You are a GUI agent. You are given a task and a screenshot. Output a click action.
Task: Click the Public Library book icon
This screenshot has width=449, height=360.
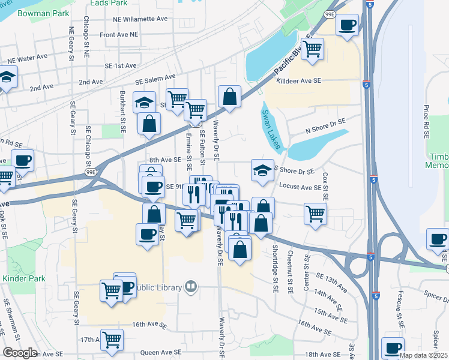click(190, 287)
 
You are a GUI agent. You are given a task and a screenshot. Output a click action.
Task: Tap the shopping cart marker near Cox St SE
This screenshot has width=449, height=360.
click(315, 213)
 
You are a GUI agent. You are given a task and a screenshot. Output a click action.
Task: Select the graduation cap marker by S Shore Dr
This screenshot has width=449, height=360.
click(262, 170)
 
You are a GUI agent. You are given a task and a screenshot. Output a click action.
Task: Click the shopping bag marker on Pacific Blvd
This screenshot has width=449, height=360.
click(229, 97)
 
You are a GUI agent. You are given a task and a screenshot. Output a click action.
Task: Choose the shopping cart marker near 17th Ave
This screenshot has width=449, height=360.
click(112, 340)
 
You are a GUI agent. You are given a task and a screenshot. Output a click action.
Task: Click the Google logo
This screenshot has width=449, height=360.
click(20, 353)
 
